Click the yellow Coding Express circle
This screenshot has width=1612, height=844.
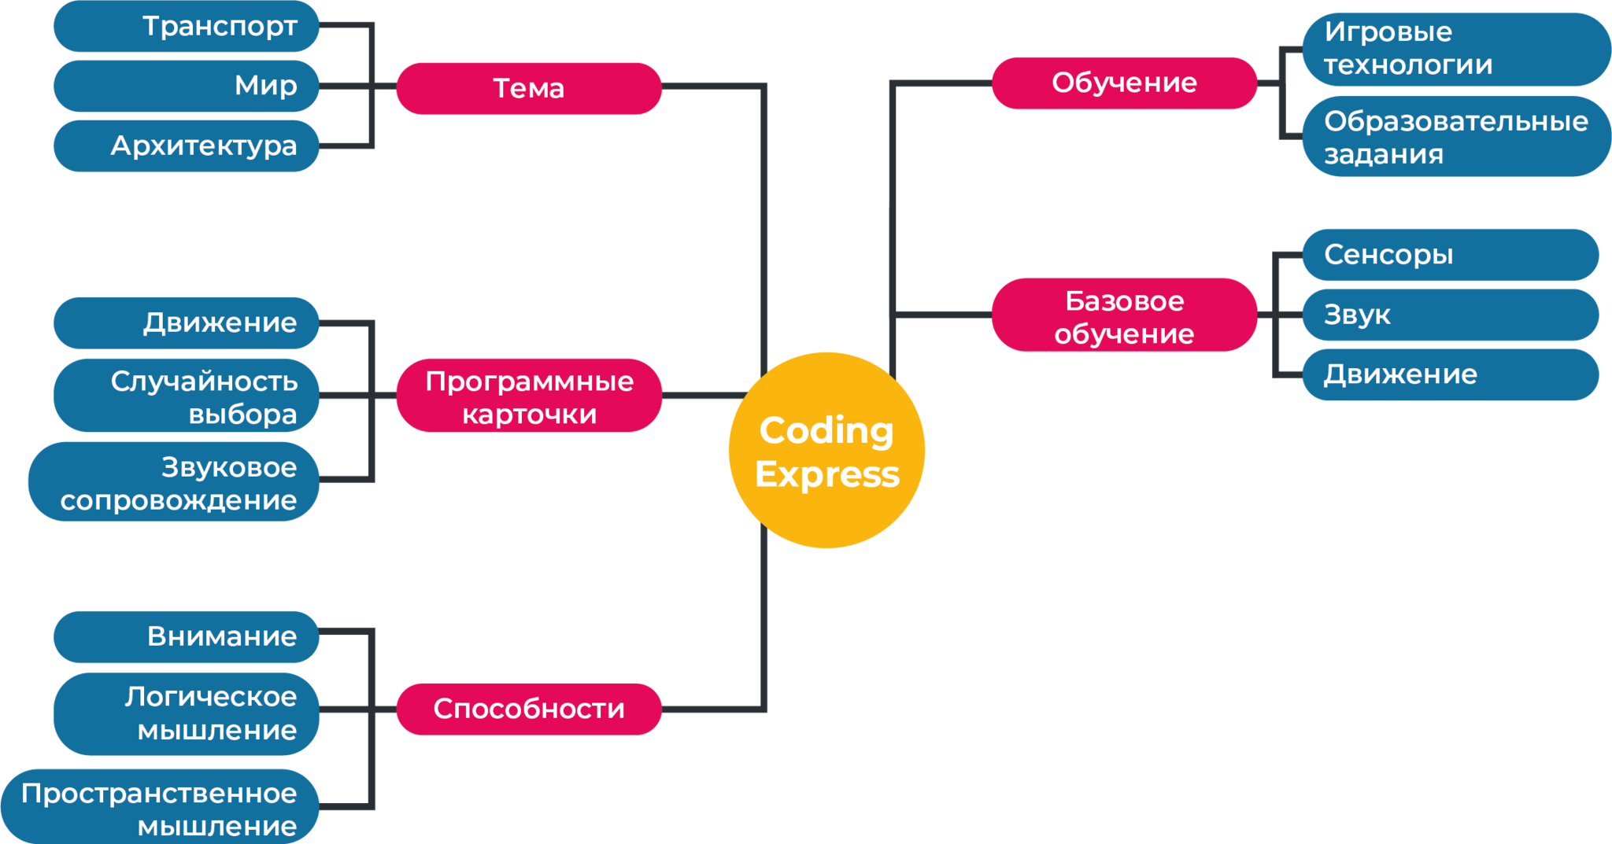click(826, 450)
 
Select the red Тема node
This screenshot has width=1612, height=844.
click(529, 88)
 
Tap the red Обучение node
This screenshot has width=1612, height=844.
click(1124, 83)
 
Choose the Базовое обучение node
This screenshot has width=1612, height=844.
click(1124, 315)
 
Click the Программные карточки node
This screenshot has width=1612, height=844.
click(529, 396)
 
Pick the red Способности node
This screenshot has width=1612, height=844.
click(529, 709)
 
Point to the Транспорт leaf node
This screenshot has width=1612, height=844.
click(187, 26)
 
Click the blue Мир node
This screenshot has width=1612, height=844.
click(187, 86)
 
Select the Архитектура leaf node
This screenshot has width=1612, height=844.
click(187, 146)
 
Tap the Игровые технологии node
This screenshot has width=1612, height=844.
click(1455, 49)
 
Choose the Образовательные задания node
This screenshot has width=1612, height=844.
click(1455, 137)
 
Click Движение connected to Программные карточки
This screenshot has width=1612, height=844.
click(187, 322)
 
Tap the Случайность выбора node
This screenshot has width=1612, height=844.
click(187, 396)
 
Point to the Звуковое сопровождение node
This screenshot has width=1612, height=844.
click(174, 481)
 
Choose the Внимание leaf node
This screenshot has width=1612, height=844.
click(187, 636)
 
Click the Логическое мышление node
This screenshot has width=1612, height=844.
click(187, 713)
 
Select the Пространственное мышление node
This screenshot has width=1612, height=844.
click(160, 808)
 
